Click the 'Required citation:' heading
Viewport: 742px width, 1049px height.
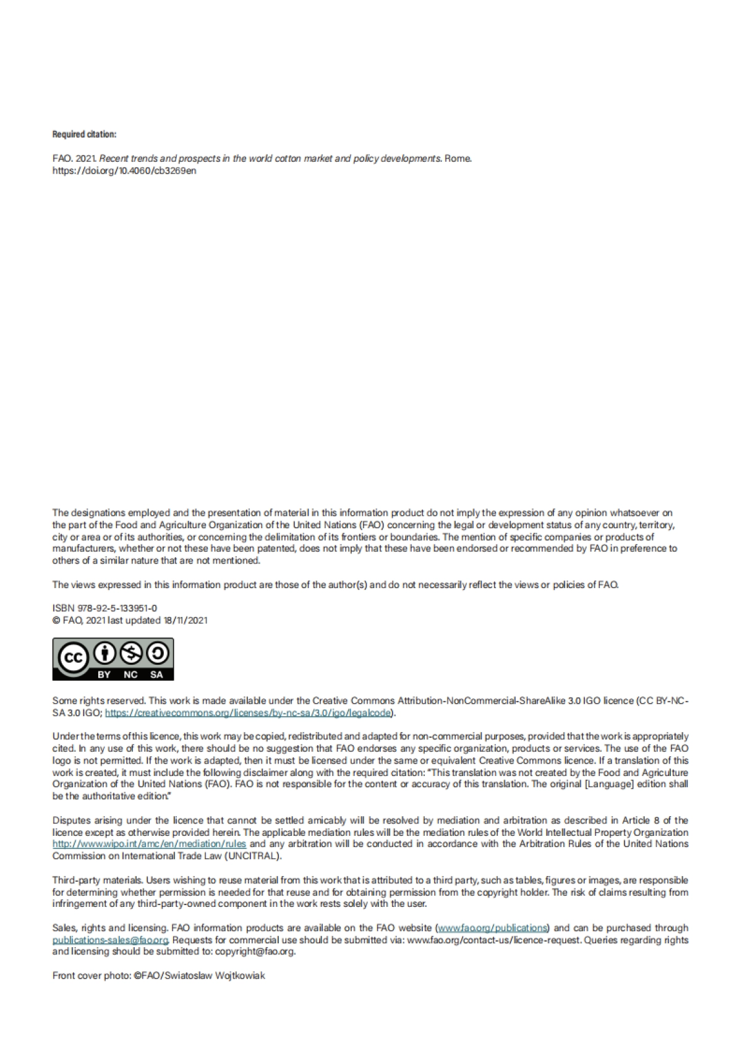click(x=84, y=134)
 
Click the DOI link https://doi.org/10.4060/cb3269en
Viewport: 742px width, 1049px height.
click(x=124, y=171)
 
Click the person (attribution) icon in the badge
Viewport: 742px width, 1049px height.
click(x=107, y=652)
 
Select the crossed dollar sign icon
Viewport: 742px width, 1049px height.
click(x=132, y=652)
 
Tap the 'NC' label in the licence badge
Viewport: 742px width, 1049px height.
click(x=130, y=675)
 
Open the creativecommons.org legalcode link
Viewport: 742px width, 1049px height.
click(x=248, y=713)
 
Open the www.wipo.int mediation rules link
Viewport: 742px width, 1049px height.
click(x=149, y=844)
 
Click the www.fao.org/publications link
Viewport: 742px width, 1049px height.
click(x=493, y=928)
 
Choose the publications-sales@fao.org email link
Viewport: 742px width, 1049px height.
click(x=110, y=940)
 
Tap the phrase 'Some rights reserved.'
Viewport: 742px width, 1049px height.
click(x=99, y=701)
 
